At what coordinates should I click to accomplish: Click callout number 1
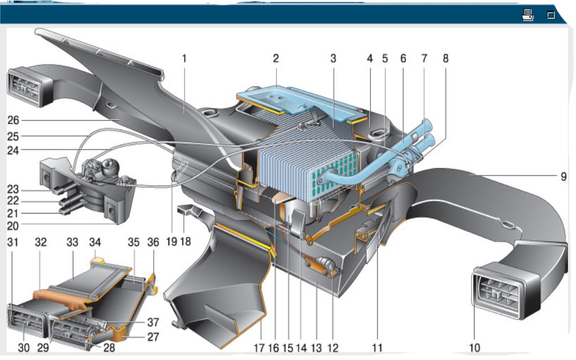(184, 58)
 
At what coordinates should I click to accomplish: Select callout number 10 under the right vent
(475, 347)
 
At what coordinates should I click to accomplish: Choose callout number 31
(13, 242)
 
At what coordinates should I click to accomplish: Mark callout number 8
(445, 58)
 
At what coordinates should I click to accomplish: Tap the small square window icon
(551, 15)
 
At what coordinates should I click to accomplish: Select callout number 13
(316, 348)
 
